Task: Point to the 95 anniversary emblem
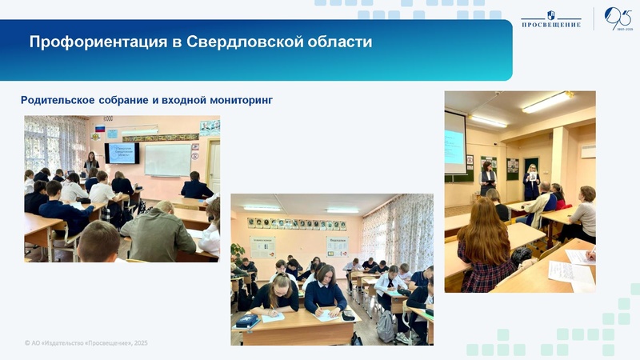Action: point(618,18)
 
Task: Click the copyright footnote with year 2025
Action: point(86,342)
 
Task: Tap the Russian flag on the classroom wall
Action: point(100,128)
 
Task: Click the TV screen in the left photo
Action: point(122,153)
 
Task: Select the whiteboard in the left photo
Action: point(167,158)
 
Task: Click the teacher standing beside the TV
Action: point(92,164)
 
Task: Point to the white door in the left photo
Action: point(213,164)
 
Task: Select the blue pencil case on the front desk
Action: point(248,320)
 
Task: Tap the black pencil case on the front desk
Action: point(348,316)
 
